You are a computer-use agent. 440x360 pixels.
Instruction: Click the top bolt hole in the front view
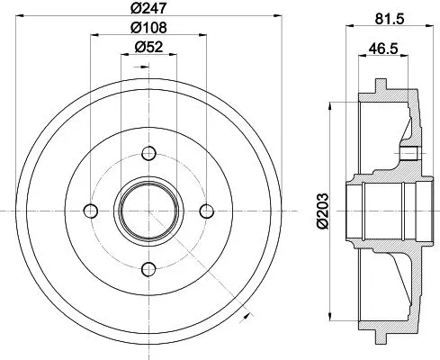point(148,151)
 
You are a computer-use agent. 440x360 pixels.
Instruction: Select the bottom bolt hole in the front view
point(148,267)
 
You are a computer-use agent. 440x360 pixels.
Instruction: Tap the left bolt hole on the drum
point(90,210)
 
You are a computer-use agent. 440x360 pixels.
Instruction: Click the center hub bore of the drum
point(148,210)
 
